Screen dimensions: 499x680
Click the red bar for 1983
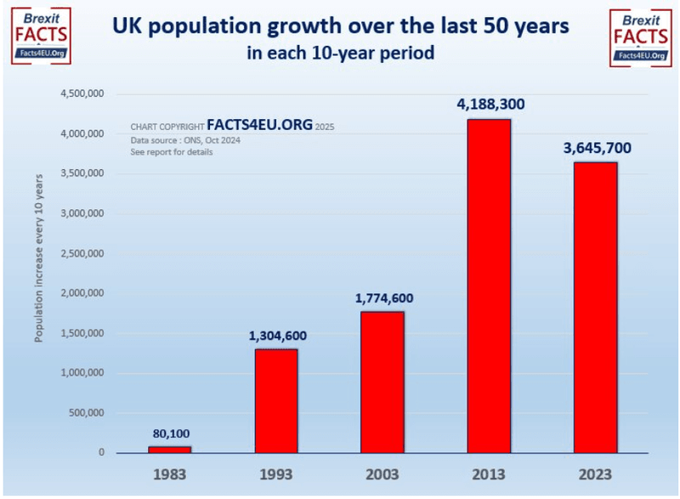point(170,449)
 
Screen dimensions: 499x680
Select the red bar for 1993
point(276,400)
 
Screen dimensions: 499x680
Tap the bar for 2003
point(382,382)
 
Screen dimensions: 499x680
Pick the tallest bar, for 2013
point(489,286)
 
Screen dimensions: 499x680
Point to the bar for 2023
point(595,307)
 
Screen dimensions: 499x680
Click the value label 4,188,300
point(489,105)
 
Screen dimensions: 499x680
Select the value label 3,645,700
point(595,148)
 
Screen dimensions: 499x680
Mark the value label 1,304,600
point(276,335)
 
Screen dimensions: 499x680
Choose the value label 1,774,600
point(382,298)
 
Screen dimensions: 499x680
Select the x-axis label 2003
point(382,473)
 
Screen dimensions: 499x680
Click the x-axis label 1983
point(170,473)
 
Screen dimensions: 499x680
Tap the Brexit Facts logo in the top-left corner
point(41,36)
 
